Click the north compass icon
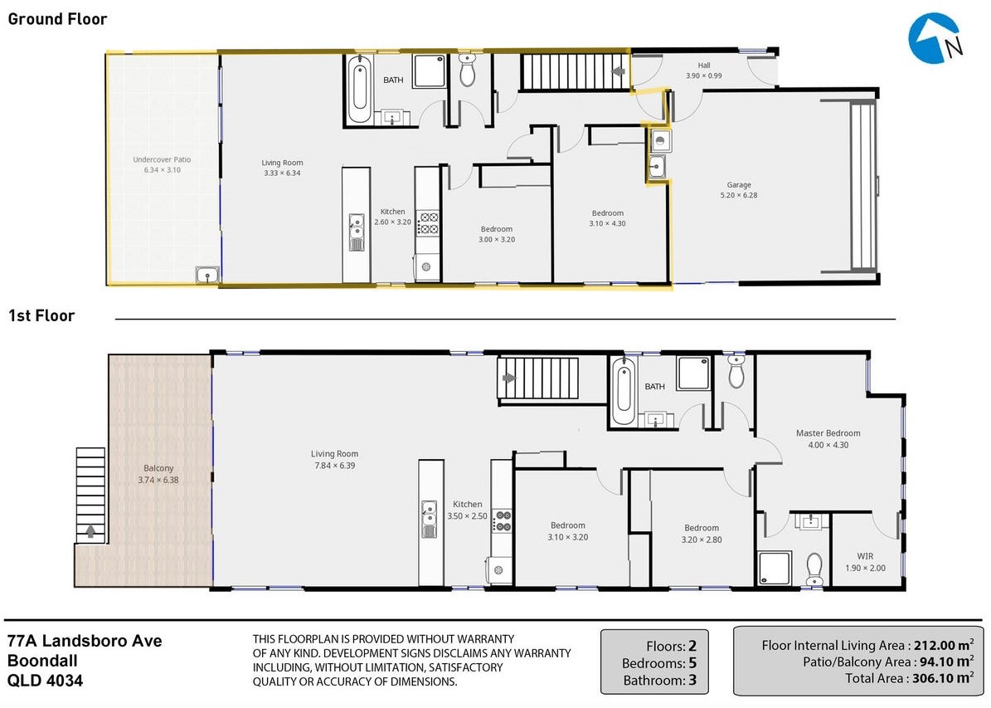(x=935, y=38)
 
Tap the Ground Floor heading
(x=57, y=19)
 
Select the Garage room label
(x=739, y=185)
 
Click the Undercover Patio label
(x=162, y=159)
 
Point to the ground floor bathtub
(x=360, y=89)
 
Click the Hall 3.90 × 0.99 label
(x=704, y=71)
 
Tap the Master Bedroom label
(x=828, y=433)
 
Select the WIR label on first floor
(x=865, y=556)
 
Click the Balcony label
(x=158, y=468)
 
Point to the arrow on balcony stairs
(x=90, y=531)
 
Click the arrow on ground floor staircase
(x=619, y=71)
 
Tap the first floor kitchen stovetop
(x=503, y=520)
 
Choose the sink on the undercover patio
(x=207, y=275)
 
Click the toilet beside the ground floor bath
(x=467, y=70)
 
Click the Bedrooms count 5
(x=692, y=663)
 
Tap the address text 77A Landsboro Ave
(x=85, y=641)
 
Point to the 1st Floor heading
(x=41, y=315)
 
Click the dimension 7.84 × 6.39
(x=335, y=466)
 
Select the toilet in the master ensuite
(x=814, y=569)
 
